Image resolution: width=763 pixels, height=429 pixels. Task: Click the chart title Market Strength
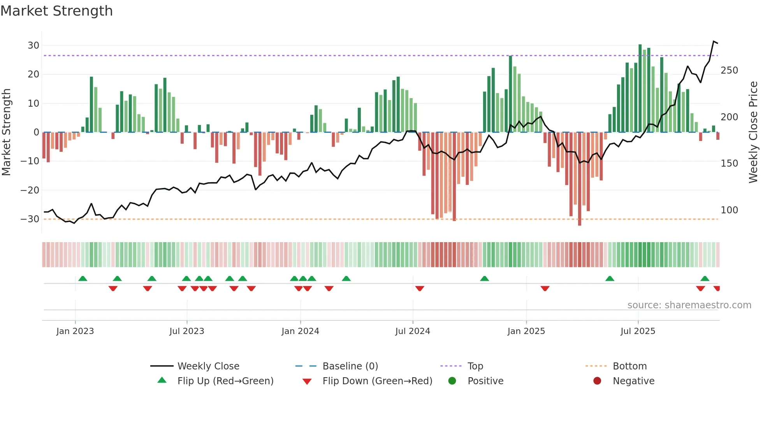pos(56,11)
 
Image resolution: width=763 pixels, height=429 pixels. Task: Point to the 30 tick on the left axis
pos(33,46)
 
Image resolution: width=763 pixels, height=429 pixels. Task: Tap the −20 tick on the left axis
pos(30,190)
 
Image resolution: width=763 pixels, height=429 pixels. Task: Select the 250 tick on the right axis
pos(729,70)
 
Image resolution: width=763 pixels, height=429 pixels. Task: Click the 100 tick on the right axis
pos(729,210)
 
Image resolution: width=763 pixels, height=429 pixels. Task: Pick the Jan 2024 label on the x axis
pos(300,331)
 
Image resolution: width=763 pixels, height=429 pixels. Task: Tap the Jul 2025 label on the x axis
pos(638,331)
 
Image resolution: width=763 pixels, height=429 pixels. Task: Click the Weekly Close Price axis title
pos(753,132)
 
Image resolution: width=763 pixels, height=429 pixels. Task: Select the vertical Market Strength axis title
pos(6,132)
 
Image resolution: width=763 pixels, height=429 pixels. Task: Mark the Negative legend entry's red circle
pos(597,381)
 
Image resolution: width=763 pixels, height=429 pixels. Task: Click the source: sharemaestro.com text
pos(689,305)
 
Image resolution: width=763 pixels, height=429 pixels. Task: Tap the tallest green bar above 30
pos(640,88)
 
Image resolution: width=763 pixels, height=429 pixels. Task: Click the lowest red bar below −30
pos(580,179)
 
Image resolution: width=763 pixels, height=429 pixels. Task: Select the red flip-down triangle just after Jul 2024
pos(420,288)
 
